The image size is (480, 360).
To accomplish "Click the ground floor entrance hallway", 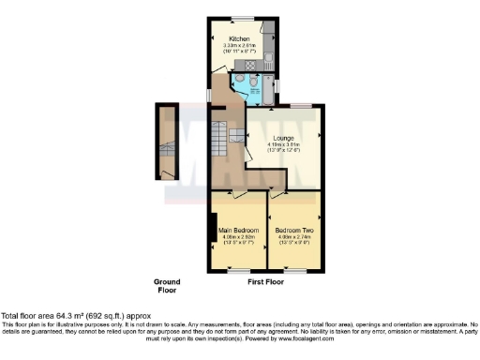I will click(168, 141).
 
